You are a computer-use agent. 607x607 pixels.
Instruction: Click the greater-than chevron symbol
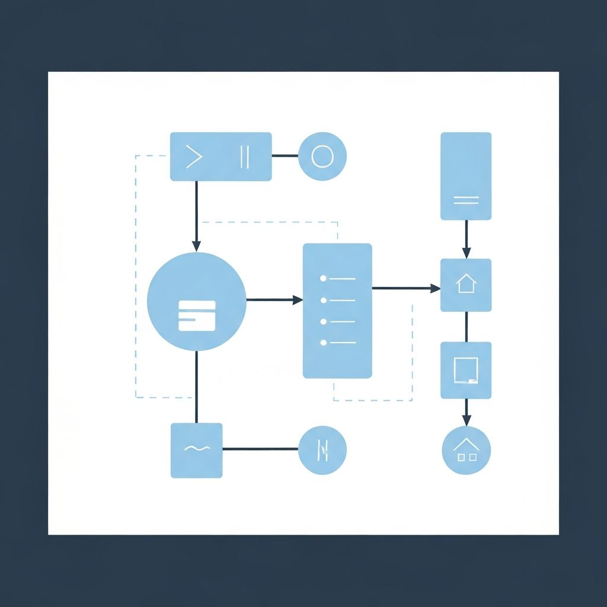point(194,156)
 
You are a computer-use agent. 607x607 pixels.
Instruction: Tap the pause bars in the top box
point(244,156)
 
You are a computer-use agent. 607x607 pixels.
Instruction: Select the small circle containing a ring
point(322,156)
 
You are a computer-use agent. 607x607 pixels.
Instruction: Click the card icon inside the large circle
point(197,315)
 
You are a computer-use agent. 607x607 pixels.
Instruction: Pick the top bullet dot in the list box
point(323,278)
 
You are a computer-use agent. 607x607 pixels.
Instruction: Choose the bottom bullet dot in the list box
point(323,342)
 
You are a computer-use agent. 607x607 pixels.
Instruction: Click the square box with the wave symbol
point(197,450)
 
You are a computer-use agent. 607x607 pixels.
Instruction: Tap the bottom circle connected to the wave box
point(322,450)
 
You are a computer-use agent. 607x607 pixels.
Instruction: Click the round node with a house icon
point(466,450)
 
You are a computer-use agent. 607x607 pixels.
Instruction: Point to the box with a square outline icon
point(466,370)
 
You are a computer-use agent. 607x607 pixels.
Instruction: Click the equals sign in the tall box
point(466,200)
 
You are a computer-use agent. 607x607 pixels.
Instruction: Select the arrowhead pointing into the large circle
point(197,247)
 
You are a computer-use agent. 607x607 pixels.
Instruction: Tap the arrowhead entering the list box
point(298,300)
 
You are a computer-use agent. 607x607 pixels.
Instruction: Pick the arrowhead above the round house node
point(466,421)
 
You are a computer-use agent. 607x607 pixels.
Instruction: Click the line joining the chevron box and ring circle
point(285,156)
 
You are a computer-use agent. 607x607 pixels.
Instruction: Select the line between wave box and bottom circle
point(261,449)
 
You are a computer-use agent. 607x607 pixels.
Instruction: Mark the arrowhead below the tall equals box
point(466,253)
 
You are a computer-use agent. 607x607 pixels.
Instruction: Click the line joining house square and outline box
point(466,327)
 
